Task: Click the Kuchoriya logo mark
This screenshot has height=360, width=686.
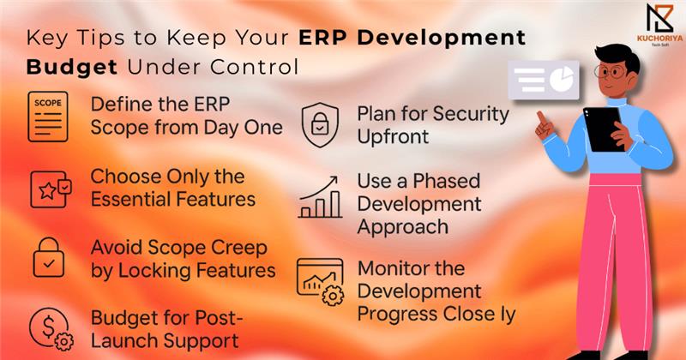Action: tap(659, 18)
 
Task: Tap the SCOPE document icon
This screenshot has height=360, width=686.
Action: tap(48, 117)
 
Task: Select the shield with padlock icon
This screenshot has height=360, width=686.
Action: tap(320, 125)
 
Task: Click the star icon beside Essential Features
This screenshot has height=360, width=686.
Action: tap(47, 191)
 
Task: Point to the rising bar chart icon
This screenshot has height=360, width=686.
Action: tap(319, 197)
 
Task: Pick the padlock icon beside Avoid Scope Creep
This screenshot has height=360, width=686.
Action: tap(49, 257)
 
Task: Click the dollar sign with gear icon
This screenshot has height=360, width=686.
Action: tap(51, 329)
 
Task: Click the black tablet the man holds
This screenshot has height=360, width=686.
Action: tap(604, 129)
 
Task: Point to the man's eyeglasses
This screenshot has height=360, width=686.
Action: tap(611, 71)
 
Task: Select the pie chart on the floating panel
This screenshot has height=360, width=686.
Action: tap(562, 78)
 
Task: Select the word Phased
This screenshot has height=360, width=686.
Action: tap(446, 181)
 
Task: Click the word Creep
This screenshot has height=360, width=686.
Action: tap(239, 249)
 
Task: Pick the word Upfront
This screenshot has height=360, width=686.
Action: tap(393, 137)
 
